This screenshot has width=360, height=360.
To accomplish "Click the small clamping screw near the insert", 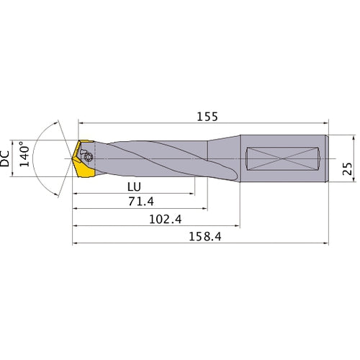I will click(x=88, y=156).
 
